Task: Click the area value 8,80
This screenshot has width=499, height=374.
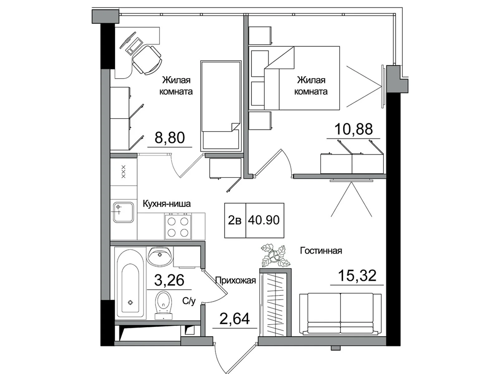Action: pos(170,138)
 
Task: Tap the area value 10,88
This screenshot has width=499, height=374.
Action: pos(353,129)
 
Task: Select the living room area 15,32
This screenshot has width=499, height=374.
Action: pos(357,276)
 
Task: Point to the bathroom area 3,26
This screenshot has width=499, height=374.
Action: pos(169,280)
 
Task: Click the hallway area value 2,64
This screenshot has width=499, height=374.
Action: pos(235,319)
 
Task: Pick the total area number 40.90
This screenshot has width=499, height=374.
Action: pos(264,220)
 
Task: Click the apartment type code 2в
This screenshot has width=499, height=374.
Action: pos(235,220)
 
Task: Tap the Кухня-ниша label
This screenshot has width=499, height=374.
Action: pos(167,204)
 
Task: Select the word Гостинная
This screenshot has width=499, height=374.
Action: pos(321,251)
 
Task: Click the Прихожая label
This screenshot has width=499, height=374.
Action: pos(236,280)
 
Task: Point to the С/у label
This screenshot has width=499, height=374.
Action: pos(189,301)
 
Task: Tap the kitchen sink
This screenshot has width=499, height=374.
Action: pos(123,212)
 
